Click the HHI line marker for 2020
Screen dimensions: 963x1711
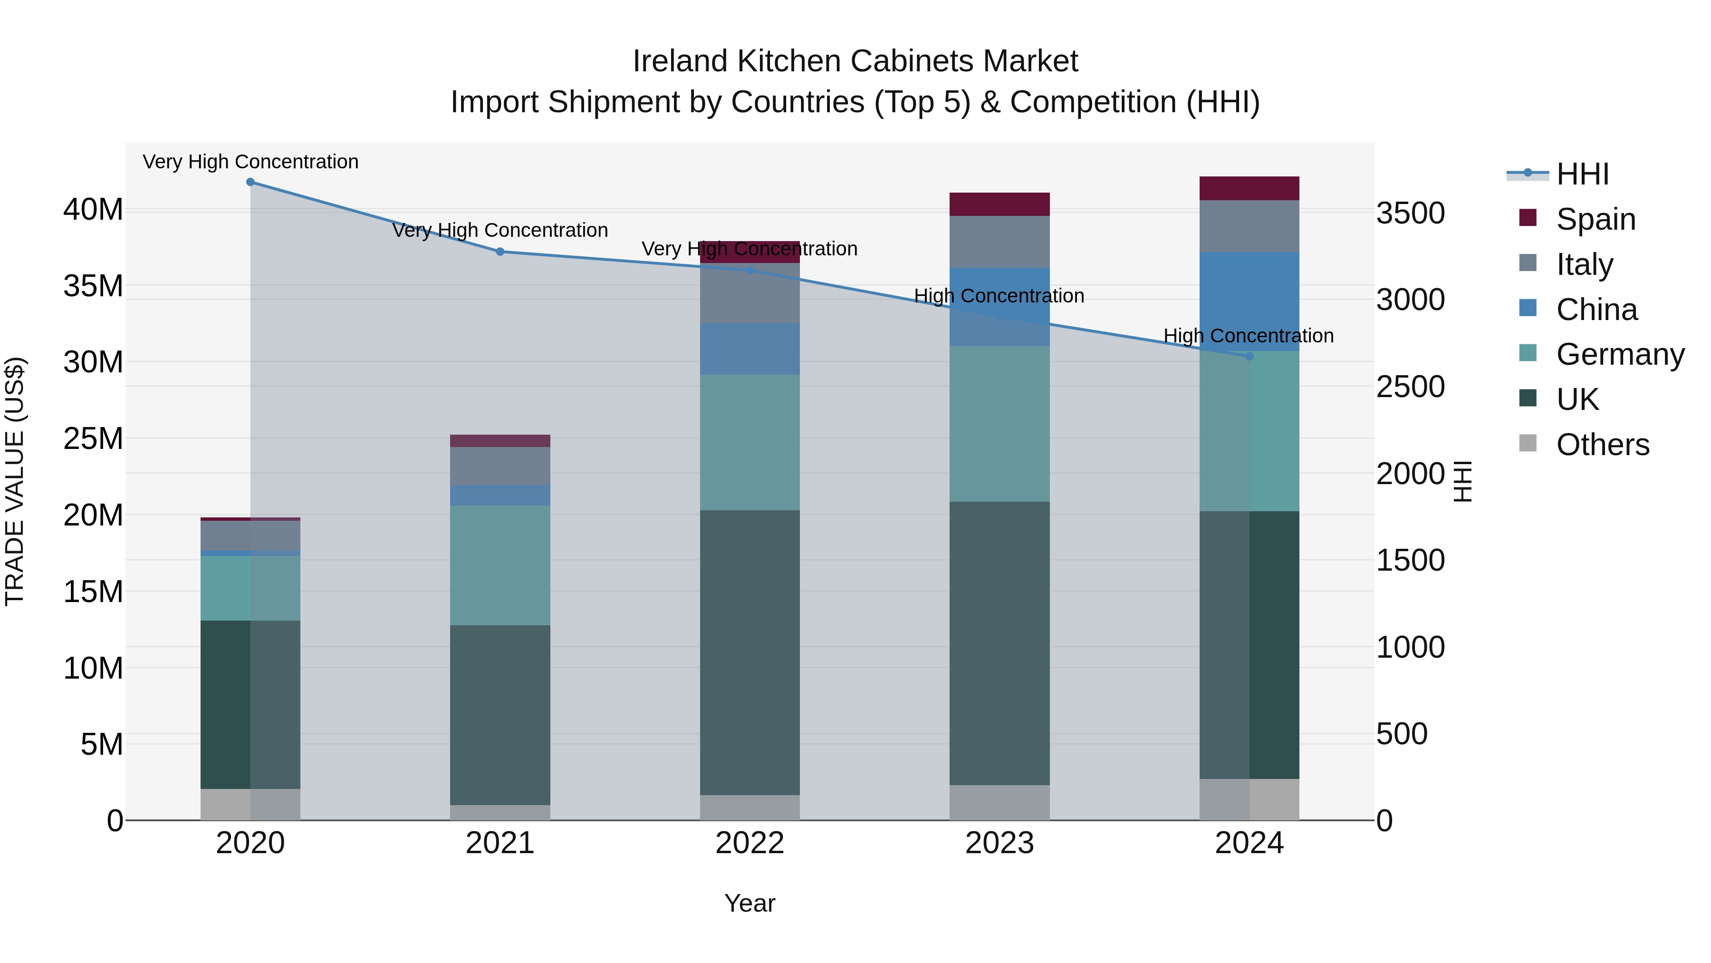(250, 182)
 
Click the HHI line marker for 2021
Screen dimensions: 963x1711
(500, 252)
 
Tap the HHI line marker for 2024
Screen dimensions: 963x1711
(1249, 357)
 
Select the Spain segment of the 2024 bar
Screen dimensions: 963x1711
(1249, 189)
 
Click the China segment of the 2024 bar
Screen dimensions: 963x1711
(1249, 301)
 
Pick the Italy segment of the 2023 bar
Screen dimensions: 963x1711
(999, 242)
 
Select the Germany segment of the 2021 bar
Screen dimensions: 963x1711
(500, 565)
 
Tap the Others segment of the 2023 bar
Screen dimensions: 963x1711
(999, 802)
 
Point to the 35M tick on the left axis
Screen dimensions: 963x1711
(93, 286)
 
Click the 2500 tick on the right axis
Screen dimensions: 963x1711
(1410, 387)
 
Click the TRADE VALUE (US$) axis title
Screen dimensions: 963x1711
(15, 481)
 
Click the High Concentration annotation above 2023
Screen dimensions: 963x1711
(999, 296)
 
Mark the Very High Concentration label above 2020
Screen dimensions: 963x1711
(250, 162)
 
